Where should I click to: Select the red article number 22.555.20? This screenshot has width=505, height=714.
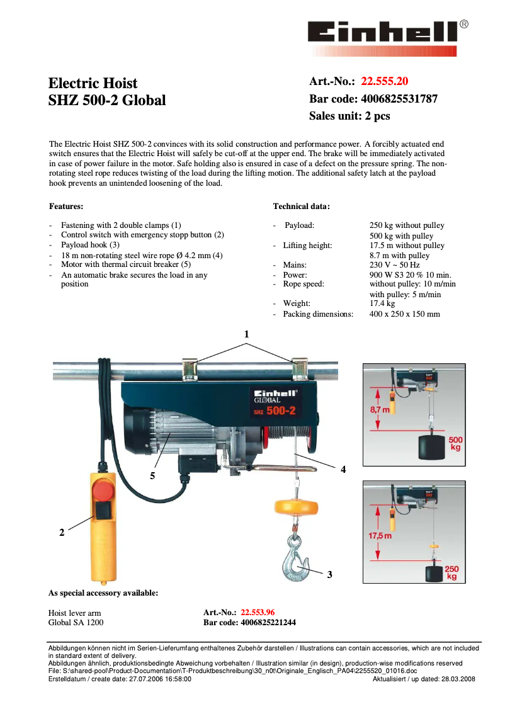[x=384, y=81]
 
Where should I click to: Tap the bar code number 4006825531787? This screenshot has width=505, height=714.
[x=399, y=99]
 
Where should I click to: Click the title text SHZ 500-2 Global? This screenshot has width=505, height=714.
[x=107, y=100]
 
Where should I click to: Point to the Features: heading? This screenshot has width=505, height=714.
[x=66, y=206]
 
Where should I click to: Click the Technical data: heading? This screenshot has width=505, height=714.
[x=301, y=206]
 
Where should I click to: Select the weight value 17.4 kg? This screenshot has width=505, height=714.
[x=382, y=303]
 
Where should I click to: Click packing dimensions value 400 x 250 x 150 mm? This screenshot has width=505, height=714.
[x=404, y=314]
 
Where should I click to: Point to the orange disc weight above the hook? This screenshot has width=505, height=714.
[x=295, y=507]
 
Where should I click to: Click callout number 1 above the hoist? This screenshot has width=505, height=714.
[x=247, y=334]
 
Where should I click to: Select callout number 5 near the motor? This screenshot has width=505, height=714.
[x=152, y=476]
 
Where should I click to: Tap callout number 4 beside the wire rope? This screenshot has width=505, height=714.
[x=343, y=469]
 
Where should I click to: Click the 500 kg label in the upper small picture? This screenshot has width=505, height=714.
[x=455, y=443]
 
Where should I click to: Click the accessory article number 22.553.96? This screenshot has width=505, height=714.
[x=258, y=612]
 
